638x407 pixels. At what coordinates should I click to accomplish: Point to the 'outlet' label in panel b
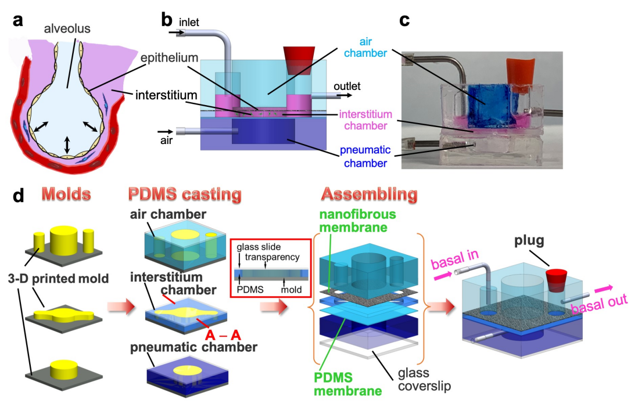(346, 87)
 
